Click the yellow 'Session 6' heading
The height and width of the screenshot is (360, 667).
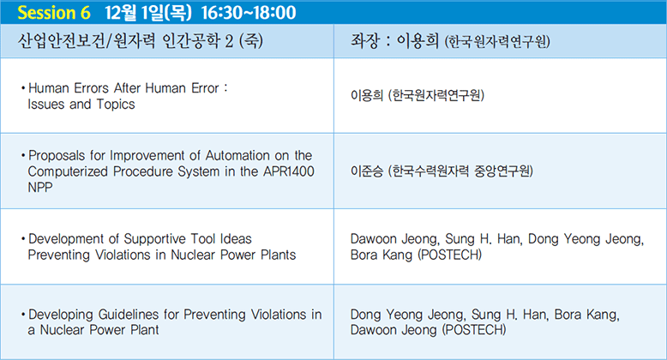(x=54, y=12)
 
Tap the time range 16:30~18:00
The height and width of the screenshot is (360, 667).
(x=249, y=12)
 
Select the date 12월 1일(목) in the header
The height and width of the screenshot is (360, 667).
(x=148, y=12)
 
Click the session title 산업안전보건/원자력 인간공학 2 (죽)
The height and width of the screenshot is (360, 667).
(x=141, y=41)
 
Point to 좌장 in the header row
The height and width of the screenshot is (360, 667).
(x=364, y=41)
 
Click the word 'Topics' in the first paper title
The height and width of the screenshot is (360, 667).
(x=116, y=105)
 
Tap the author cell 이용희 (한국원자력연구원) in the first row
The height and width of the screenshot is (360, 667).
(x=418, y=95)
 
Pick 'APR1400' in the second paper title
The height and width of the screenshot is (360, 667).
(x=289, y=171)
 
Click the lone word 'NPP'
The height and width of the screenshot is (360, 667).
(x=40, y=187)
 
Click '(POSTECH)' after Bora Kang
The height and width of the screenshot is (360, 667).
(x=449, y=255)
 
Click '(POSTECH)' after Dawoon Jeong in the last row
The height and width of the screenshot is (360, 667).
(x=474, y=330)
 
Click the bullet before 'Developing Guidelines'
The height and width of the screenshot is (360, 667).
(x=23, y=315)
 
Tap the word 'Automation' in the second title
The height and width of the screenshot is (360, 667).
(x=237, y=155)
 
